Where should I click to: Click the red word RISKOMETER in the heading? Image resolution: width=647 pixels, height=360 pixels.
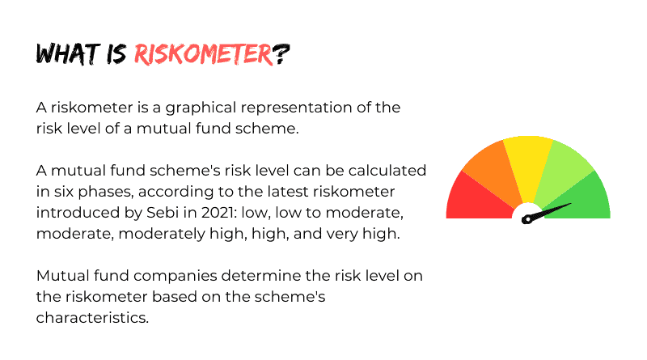(204, 54)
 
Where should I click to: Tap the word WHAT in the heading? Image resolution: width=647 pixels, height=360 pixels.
(68, 53)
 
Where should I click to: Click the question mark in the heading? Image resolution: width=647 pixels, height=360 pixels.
(281, 54)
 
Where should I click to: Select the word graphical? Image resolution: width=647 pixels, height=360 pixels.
(201, 108)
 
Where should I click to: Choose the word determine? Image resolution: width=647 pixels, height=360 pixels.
(261, 276)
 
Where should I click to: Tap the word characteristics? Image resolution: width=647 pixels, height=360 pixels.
(92, 318)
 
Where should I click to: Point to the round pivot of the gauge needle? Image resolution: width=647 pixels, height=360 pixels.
(526, 219)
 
